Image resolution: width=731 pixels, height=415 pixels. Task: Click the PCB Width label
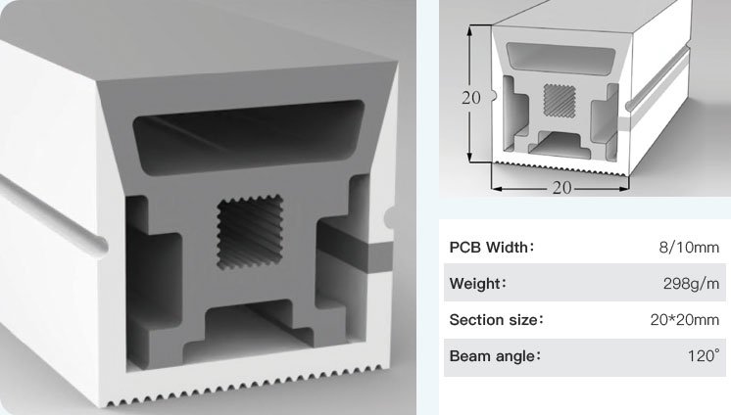click(x=491, y=247)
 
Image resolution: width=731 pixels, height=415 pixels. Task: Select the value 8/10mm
click(x=689, y=247)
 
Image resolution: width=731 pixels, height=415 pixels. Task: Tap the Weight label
click(x=478, y=283)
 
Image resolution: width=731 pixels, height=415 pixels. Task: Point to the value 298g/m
click(x=691, y=283)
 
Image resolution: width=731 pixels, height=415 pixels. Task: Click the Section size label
click(x=496, y=320)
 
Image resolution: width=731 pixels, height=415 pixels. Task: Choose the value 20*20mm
click(x=685, y=320)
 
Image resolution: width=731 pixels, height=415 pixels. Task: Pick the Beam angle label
click(x=495, y=356)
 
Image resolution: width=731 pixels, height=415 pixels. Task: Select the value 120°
click(x=704, y=356)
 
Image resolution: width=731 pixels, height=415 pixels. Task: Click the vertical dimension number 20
click(x=471, y=98)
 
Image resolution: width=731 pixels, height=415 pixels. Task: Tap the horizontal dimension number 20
click(x=561, y=188)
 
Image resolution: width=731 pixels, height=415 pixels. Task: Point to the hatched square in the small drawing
click(x=560, y=101)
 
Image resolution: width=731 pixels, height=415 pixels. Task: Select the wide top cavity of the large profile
click(x=249, y=136)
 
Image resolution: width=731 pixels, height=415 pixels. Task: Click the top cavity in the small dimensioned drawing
click(x=560, y=58)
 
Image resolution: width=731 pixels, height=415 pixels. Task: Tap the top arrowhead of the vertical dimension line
click(x=471, y=29)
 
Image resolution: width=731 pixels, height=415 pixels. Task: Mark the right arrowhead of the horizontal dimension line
click(x=624, y=189)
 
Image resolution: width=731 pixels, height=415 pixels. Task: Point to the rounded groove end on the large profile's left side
click(x=99, y=244)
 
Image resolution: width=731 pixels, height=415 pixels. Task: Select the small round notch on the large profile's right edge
click(x=388, y=217)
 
